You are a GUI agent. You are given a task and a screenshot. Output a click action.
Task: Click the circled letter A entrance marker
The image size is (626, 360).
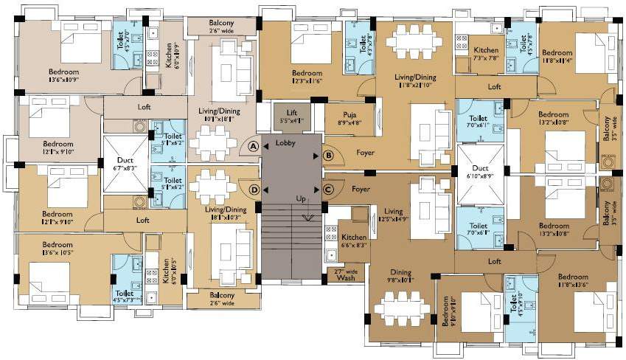[x=254, y=146]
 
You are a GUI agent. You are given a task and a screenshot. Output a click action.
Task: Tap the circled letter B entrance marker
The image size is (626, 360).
[x=329, y=156]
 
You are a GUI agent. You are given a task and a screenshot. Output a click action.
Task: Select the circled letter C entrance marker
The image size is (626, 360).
[x=329, y=190]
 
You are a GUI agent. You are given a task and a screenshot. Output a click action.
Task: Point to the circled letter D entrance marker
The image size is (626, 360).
[x=254, y=190]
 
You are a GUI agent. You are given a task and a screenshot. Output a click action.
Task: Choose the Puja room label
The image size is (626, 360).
[x=349, y=118]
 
